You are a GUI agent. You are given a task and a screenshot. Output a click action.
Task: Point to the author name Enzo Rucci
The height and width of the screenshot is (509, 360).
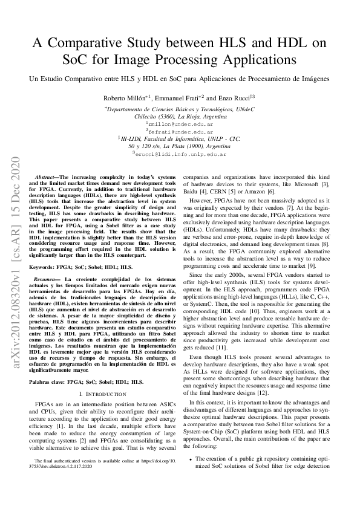point(232,97)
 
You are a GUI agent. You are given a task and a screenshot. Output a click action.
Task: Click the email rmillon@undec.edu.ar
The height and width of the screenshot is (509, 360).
point(180,123)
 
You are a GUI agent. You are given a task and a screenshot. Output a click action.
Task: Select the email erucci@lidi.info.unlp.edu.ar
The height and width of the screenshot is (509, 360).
point(180,154)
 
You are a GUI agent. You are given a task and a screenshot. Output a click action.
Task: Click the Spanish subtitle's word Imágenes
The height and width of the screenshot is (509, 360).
point(313,79)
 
